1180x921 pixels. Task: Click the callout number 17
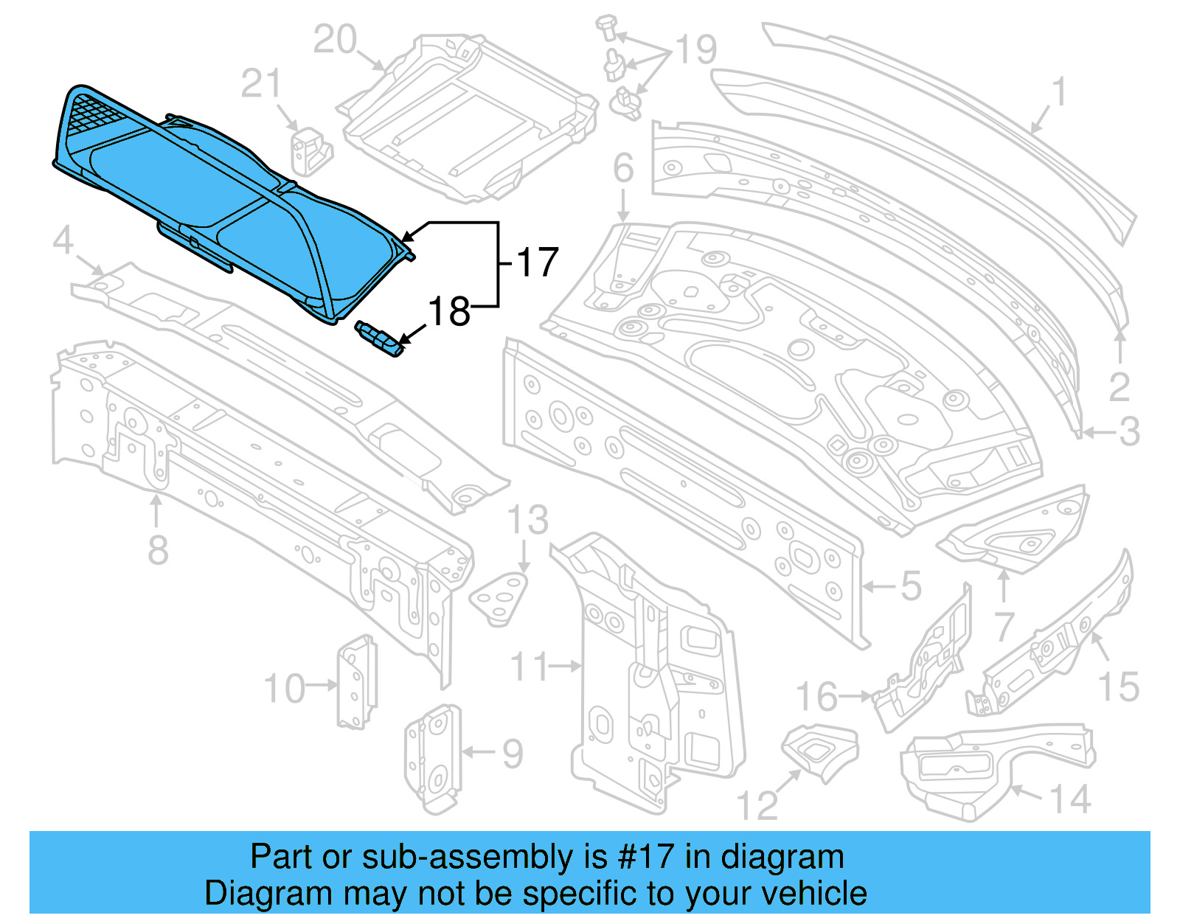coord(538,263)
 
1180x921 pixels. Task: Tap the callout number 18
coord(448,311)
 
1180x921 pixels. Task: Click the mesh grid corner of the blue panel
coord(92,114)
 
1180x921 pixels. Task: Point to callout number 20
coord(335,40)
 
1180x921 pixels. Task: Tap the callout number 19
coord(696,50)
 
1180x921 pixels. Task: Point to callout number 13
coord(528,520)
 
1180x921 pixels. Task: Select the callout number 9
coord(513,753)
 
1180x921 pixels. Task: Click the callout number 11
coord(530,667)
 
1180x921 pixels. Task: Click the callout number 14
coord(1069,799)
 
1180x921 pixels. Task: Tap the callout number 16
coord(816,697)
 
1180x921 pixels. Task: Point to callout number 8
coord(158,550)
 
